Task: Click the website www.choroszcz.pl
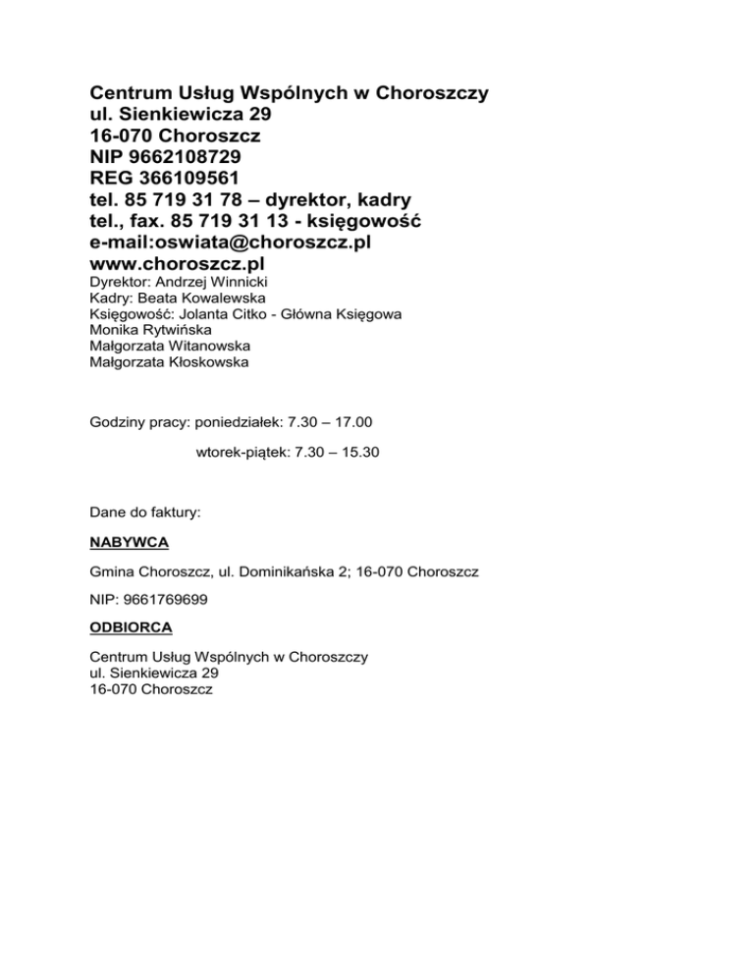coord(177,264)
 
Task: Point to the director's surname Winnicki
coord(225,283)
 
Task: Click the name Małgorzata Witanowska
coord(169,346)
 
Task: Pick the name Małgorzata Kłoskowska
coord(169,361)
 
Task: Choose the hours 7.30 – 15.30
coord(342,454)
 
